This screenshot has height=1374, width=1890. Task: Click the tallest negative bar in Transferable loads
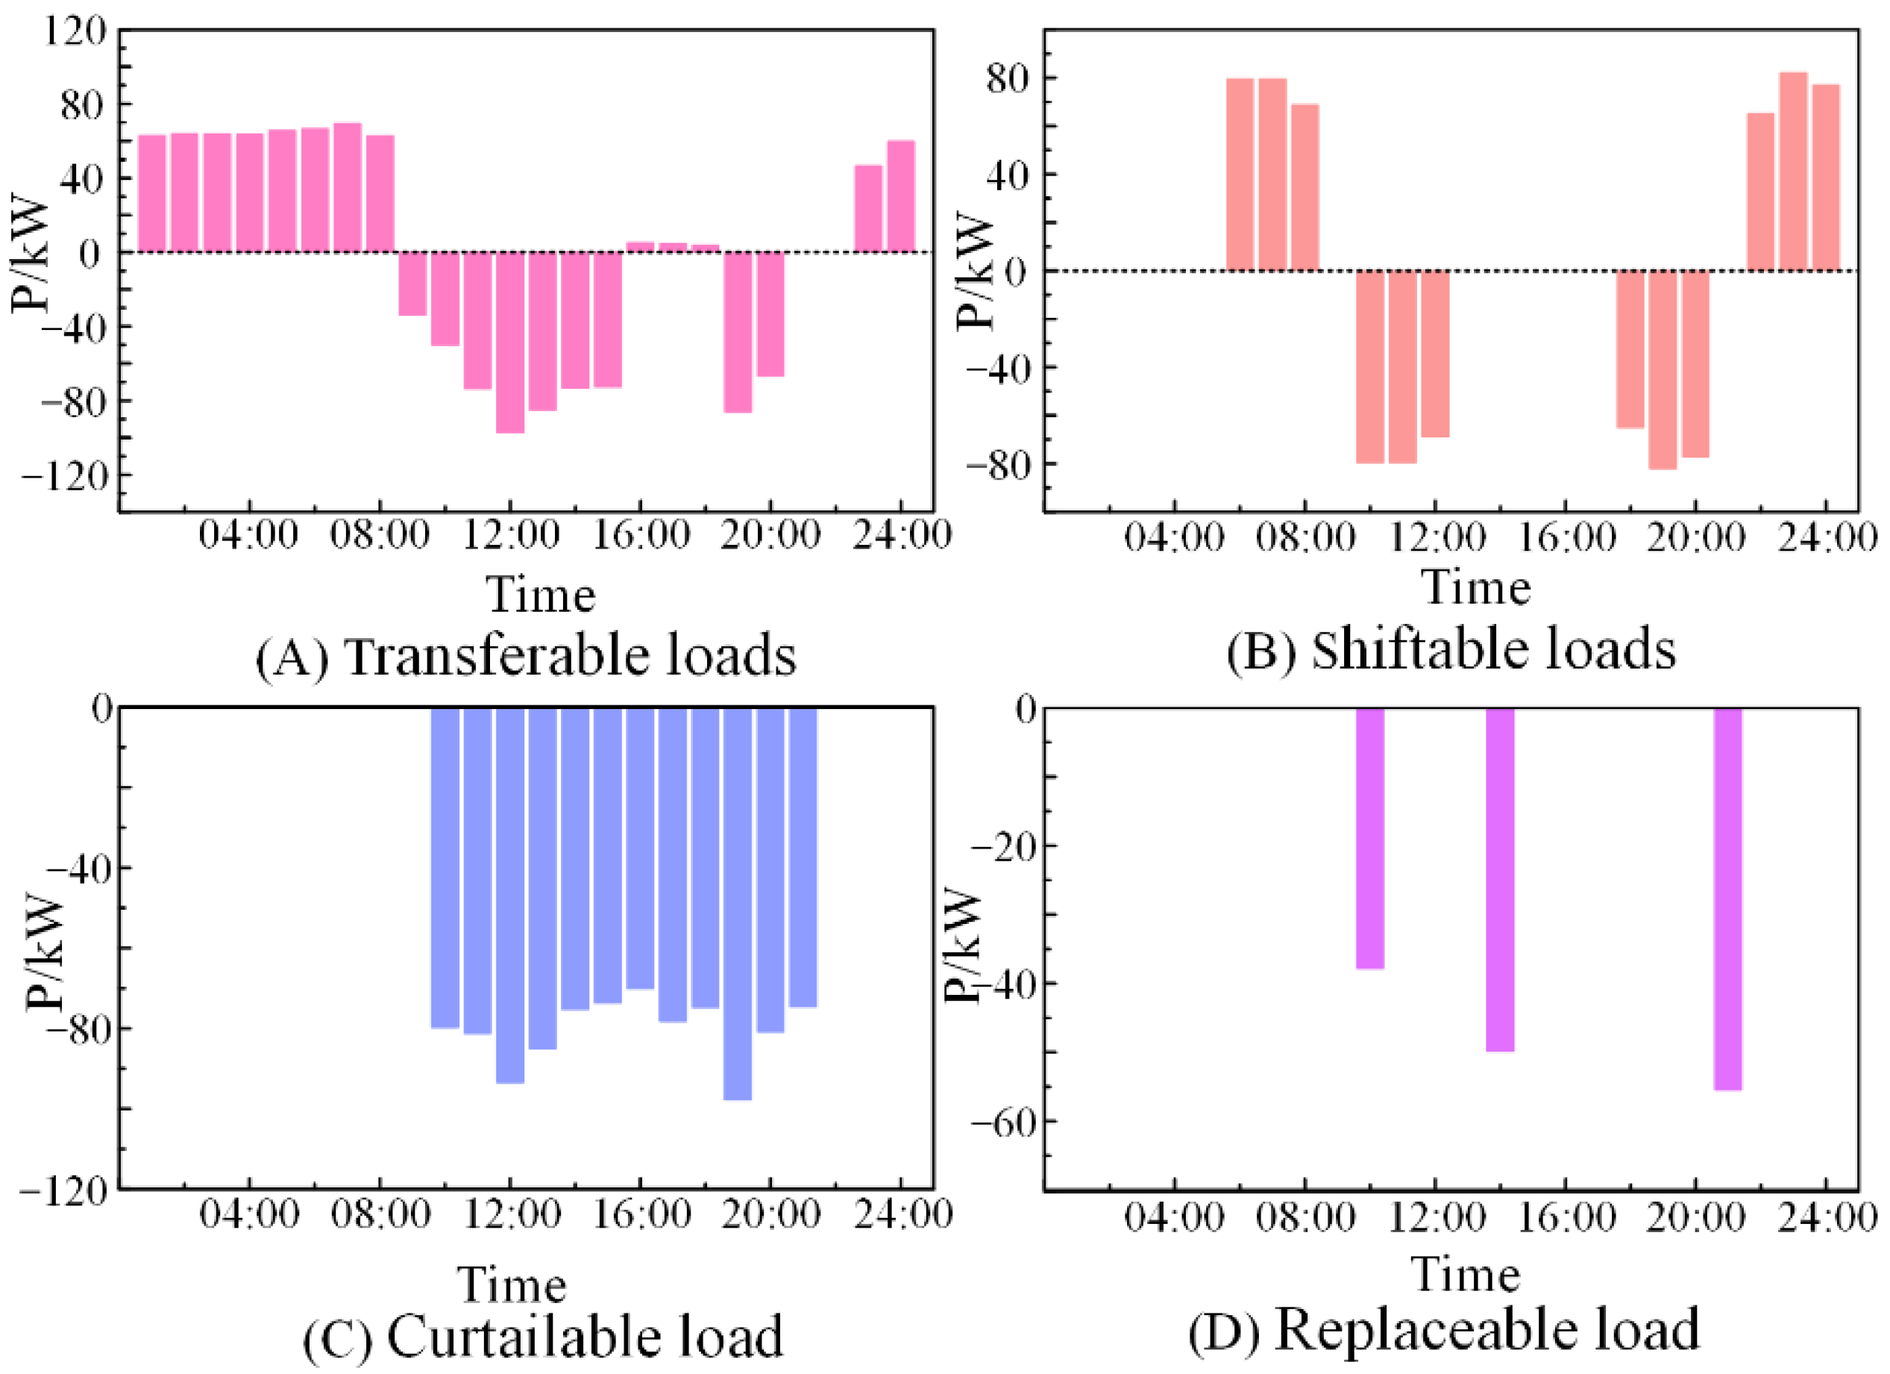510,342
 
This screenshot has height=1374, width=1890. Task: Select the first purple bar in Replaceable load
1370,838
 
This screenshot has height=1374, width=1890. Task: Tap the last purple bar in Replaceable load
1727,899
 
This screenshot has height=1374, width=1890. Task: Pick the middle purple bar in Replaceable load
1500,880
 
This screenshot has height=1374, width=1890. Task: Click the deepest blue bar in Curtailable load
738,904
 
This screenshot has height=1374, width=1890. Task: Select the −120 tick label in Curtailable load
64,1190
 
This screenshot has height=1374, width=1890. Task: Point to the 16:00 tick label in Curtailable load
641,1214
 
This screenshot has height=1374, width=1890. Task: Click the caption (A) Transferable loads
526,656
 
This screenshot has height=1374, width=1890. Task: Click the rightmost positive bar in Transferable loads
901,196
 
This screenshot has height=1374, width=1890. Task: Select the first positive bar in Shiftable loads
1240,174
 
